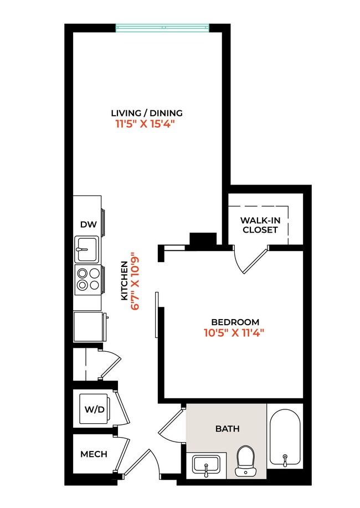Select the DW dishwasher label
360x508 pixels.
coord(88,224)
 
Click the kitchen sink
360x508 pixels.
coord(86,249)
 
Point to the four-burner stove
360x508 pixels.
coord(88,279)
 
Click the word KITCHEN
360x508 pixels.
coord(125,281)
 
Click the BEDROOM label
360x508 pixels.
coord(235,322)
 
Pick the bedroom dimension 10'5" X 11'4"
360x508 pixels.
coord(235,333)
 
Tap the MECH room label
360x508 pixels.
coord(94,454)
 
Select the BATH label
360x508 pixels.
coord(227,429)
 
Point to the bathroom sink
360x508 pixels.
coord(206,464)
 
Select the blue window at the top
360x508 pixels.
coord(162,27)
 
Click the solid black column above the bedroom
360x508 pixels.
coord(202,239)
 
